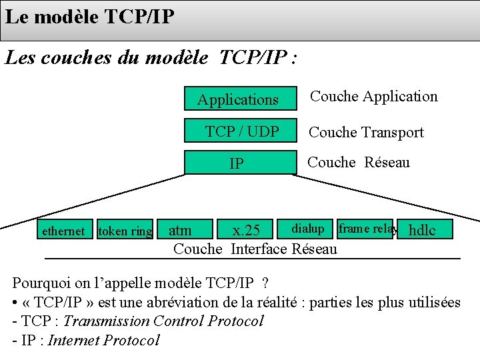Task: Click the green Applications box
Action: point(239,99)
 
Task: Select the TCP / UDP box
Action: point(241,131)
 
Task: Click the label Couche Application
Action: point(374,96)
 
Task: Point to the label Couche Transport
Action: point(366,132)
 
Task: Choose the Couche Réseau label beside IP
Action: point(359,162)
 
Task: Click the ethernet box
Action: point(63,231)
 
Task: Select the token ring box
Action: point(125,231)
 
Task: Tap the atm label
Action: point(180,231)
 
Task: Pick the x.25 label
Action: point(245,231)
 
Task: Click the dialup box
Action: point(308,229)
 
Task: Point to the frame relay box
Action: point(367,229)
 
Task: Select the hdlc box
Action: point(423,231)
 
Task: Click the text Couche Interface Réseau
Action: point(255,249)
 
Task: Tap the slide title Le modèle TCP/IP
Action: point(89,16)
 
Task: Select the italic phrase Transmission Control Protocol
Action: point(163,321)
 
